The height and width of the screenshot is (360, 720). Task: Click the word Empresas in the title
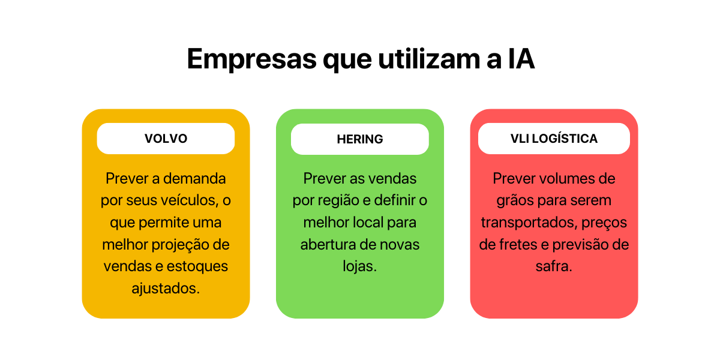(252, 59)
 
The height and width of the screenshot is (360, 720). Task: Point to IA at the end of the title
(521, 59)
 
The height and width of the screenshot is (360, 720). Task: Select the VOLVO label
(166, 139)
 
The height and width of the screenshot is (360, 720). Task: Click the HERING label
(360, 139)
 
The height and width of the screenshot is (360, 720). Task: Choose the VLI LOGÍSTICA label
(554, 139)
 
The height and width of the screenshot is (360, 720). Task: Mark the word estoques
(197, 266)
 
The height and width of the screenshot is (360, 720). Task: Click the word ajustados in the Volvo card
(166, 289)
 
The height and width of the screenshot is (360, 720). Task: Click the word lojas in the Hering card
(359, 266)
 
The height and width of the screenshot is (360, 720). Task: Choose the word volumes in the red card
(567, 178)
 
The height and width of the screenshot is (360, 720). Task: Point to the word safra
(554, 266)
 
